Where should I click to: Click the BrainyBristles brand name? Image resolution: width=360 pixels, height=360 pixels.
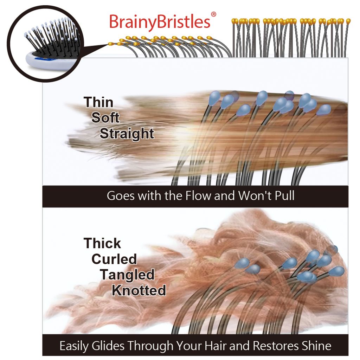pos(160,22)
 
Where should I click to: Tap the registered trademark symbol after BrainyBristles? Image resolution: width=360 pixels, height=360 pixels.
pos(213,14)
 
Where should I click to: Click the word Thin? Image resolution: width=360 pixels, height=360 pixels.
pos(98,102)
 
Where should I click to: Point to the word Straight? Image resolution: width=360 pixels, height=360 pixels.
pos(127,134)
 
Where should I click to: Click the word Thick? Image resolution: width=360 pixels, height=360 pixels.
pos(102,243)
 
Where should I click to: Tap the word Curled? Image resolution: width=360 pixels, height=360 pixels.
pos(114,259)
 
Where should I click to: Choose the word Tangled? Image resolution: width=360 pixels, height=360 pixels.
pos(127,275)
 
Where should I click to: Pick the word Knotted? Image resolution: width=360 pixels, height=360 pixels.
pos(139,290)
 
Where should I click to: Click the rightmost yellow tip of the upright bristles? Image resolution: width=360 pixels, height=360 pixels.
pos(348,21)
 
